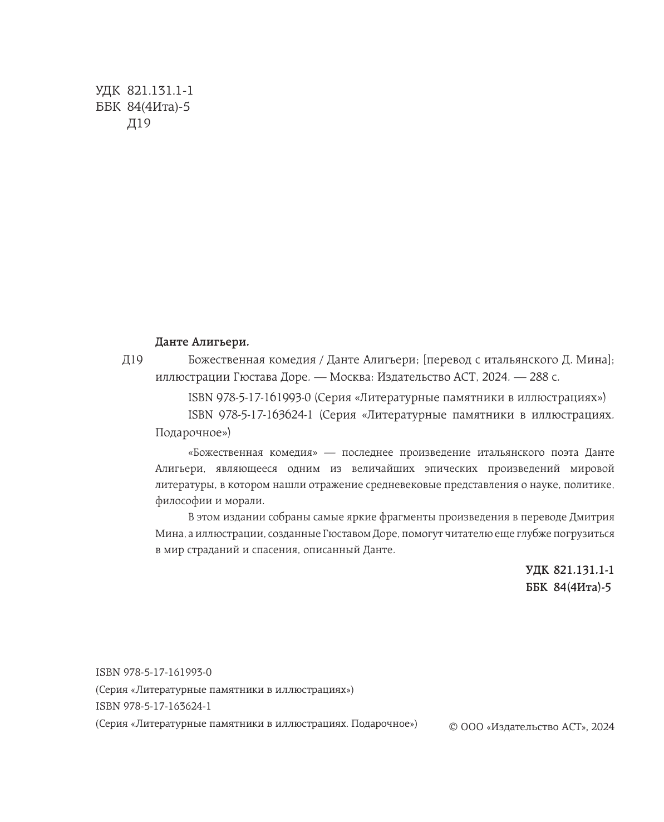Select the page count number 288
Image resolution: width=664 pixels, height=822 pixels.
click(539, 377)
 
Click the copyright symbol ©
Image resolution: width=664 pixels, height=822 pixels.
click(453, 727)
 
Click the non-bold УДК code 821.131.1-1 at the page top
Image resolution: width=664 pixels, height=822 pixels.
click(160, 91)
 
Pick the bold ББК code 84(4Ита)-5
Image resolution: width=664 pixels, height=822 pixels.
click(582, 587)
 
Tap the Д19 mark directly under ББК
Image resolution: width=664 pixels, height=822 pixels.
click(139, 124)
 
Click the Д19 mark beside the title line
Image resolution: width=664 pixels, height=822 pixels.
click(132, 361)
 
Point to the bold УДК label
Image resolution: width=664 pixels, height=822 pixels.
click(537, 570)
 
